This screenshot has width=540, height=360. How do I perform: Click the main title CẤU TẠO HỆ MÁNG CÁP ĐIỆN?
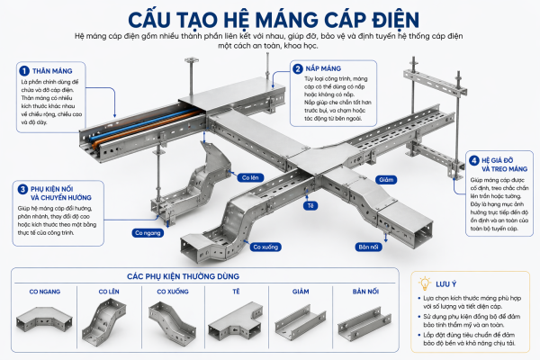point(270,17)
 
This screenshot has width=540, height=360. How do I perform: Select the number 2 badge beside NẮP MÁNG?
point(297,68)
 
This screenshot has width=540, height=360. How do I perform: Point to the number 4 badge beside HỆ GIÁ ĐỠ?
point(473,161)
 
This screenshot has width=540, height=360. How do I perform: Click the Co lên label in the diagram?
point(248,177)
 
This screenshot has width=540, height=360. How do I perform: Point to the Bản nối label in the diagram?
point(368,246)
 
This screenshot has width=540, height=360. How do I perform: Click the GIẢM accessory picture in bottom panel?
point(300,319)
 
